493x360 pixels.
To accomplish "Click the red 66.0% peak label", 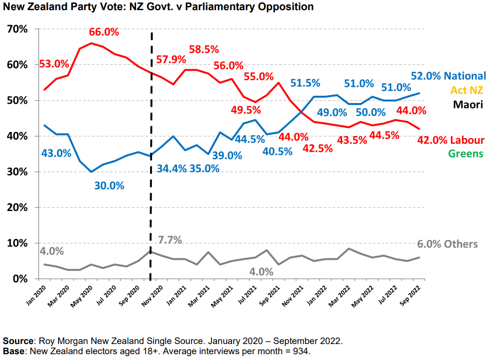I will coord(103,32).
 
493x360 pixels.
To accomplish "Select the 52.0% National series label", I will coord(448,76).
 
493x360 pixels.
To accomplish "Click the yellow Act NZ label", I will coord(467,90).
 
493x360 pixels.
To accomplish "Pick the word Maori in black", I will coord(468,104).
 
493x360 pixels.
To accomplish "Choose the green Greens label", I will coord(466,154).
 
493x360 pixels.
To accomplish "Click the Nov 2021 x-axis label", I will coord(296,293).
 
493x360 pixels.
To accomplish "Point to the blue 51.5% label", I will coord(306,83).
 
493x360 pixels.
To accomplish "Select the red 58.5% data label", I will coord(204,49).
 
